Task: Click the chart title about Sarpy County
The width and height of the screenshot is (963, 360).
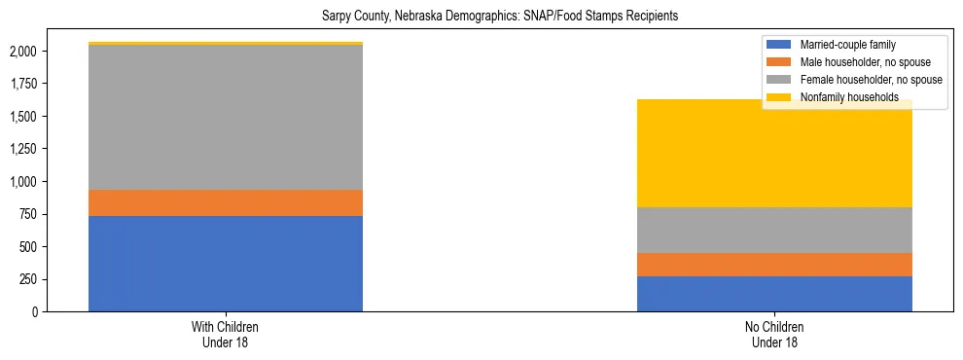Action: [499, 16]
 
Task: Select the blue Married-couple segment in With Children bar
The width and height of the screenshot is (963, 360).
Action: [226, 264]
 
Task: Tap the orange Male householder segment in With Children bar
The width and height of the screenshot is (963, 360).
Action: [226, 202]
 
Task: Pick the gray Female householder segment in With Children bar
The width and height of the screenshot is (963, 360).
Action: [226, 118]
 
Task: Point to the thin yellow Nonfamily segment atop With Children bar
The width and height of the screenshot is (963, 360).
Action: [226, 44]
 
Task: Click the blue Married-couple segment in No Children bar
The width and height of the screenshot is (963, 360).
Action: [774, 294]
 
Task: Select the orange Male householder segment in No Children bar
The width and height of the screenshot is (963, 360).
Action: [774, 265]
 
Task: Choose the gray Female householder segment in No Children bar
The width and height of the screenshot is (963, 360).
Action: [774, 230]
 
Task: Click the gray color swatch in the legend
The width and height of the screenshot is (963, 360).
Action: [779, 80]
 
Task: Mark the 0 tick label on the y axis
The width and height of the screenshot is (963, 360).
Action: [36, 312]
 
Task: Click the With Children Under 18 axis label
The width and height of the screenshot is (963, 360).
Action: [226, 335]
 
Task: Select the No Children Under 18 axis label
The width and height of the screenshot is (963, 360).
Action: [774, 335]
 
